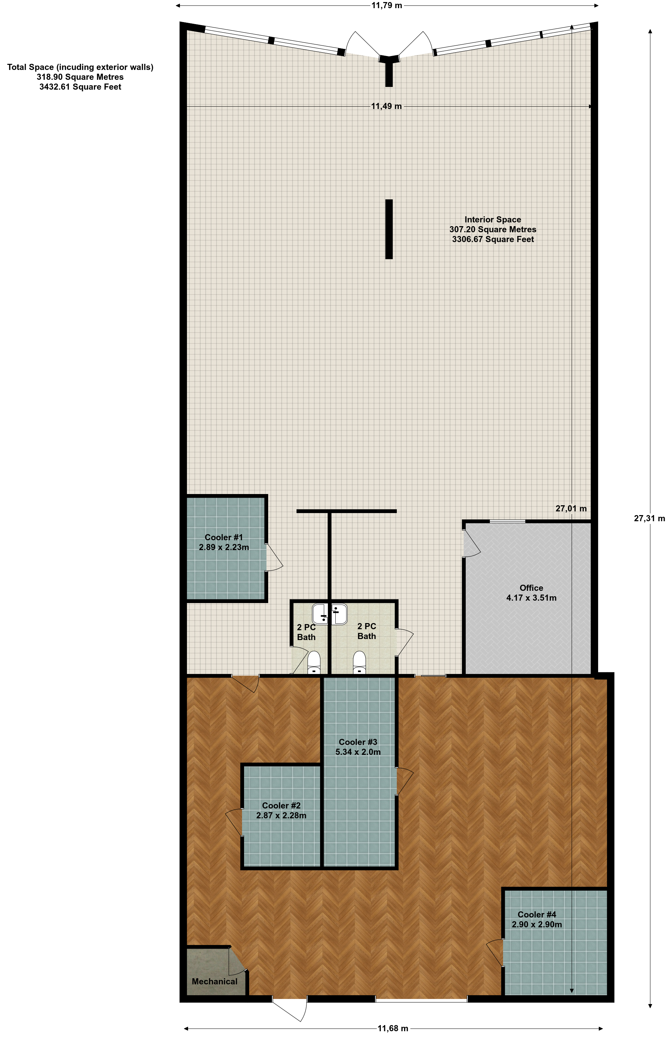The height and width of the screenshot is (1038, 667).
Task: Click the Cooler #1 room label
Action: [x=224, y=537]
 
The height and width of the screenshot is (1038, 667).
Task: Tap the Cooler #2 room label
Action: [x=281, y=805]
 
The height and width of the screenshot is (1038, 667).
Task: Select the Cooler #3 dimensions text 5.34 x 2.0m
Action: [x=358, y=752]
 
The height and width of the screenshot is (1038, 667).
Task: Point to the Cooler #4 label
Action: [x=537, y=914]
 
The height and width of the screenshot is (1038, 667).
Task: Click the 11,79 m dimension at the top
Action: [x=386, y=6]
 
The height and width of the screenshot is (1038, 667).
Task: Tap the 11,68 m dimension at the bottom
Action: [x=393, y=1028]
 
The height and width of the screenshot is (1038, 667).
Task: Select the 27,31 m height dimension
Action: [x=649, y=518]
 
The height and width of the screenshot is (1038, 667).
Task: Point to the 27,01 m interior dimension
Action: [x=571, y=508]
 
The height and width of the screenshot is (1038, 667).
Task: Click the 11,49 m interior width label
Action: [x=386, y=106]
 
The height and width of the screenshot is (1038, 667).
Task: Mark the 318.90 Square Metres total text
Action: [x=80, y=77]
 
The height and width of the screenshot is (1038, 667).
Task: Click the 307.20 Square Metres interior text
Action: [x=493, y=230]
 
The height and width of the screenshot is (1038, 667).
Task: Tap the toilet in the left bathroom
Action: [x=314, y=662]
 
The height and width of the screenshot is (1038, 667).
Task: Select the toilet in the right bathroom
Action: [x=359, y=662]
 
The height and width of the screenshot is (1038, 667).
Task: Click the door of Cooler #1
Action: [x=274, y=558]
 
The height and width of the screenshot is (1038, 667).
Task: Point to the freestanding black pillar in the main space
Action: [x=389, y=229]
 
